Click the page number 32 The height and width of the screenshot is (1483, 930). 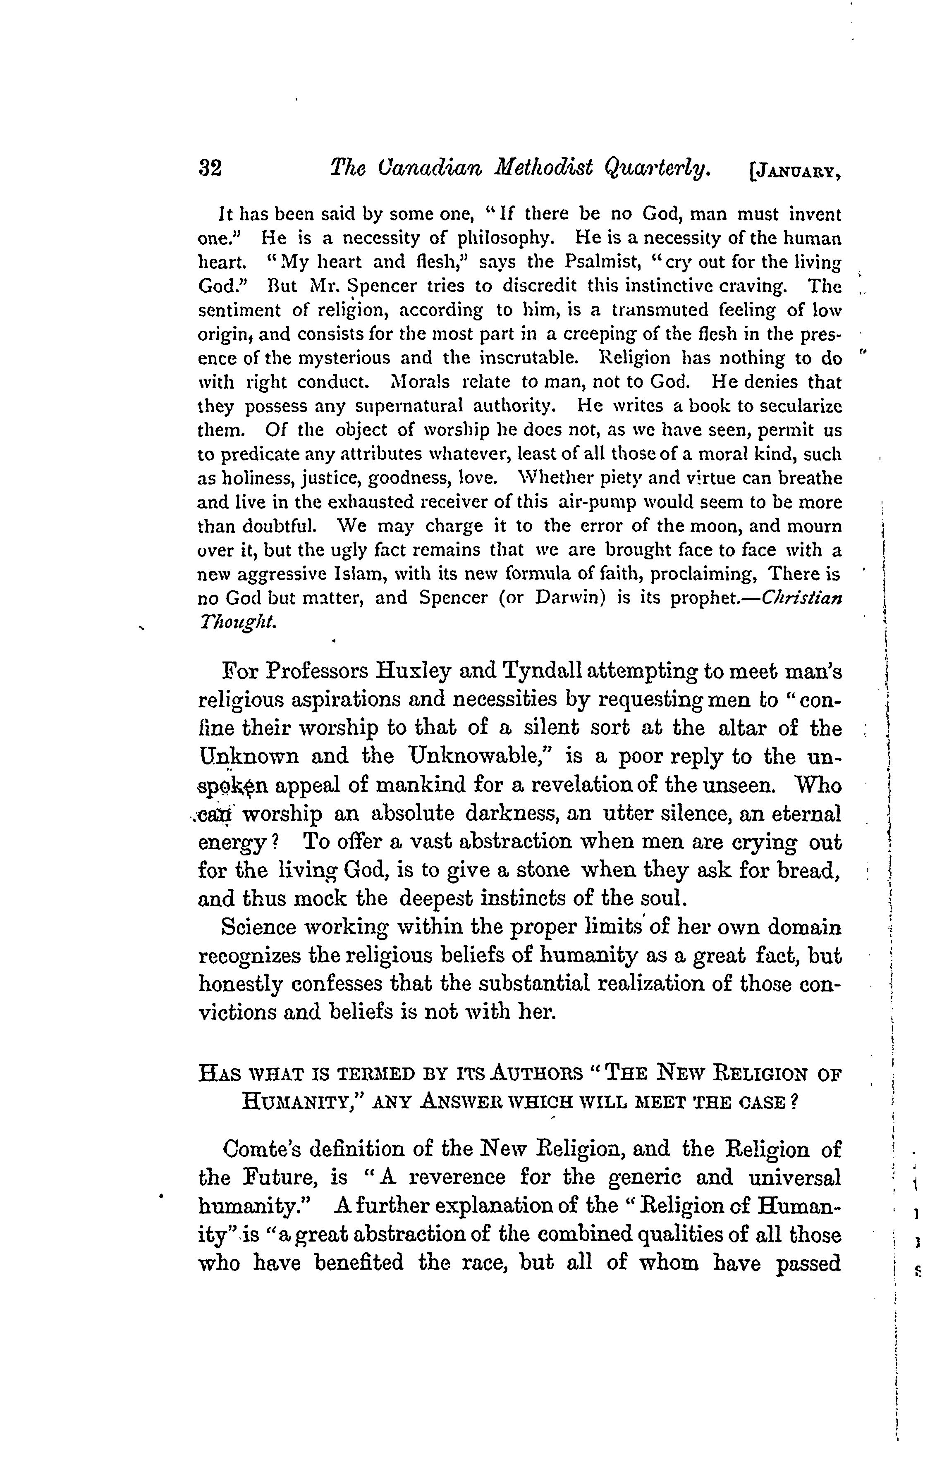pyautogui.click(x=210, y=168)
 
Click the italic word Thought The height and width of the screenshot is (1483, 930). pyautogui.click(x=237, y=622)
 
